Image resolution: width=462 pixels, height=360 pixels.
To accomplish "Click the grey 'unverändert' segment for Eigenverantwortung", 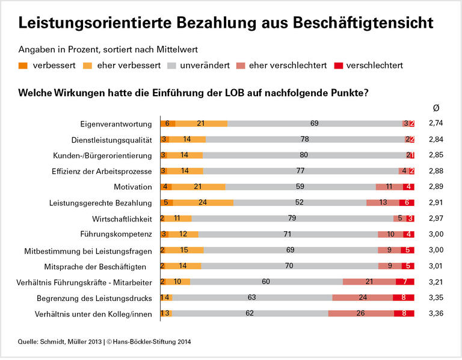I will click(315, 123).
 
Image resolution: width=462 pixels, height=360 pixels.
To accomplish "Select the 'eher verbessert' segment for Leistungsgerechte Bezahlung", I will click(203, 202).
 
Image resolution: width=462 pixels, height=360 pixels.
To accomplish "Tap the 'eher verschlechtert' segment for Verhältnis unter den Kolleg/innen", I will click(361, 313).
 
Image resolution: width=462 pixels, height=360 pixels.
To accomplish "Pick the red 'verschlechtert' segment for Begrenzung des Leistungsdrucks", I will click(404, 297).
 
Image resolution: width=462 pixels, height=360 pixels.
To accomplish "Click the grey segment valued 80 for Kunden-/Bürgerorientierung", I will click(304, 155).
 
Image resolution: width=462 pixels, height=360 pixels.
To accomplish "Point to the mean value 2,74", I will click(437, 123).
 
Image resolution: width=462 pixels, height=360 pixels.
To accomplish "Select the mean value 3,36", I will click(437, 313).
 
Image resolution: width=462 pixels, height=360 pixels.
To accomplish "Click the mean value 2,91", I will click(437, 202).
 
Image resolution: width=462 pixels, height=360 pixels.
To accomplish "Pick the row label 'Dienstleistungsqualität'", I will click(111, 139).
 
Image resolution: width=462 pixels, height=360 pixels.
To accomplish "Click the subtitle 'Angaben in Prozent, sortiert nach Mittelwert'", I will click(108, 48).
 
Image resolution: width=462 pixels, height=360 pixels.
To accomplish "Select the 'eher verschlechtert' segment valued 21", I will click(369, 282).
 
